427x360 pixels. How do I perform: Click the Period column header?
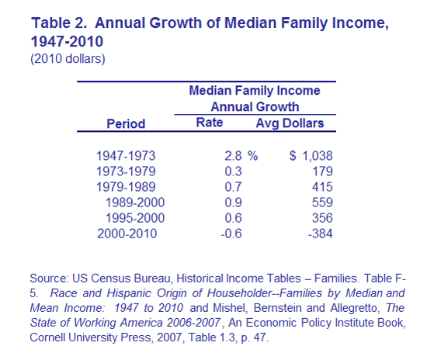pos(126,124)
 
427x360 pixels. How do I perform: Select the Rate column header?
pos(210,123)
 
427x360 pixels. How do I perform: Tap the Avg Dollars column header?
pos(290,123)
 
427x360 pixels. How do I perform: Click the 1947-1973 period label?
pos(126,156)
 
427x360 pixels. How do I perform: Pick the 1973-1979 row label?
pos(126,171)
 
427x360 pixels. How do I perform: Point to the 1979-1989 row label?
pos(126,187)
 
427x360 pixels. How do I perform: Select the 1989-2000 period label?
pos(135,202)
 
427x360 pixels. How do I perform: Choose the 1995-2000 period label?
pos(135,218)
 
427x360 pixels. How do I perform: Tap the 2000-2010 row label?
pos(127,234)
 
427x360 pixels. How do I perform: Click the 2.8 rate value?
pos(233,156)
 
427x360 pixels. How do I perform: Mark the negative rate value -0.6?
pos(231,234)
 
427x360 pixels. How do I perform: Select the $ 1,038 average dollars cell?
pos(311,156)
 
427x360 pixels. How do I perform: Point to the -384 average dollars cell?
pos(320,234)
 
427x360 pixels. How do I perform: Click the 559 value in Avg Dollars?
pos(322,202)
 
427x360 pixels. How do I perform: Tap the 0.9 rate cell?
pos(233,202)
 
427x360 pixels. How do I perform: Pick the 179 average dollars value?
pos(322,171)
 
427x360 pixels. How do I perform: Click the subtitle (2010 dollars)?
pos(68,59)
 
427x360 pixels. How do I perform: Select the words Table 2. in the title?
pos(59,22)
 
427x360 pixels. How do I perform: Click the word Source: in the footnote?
pos(49,279)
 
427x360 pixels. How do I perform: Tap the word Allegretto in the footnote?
pos(354,308)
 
